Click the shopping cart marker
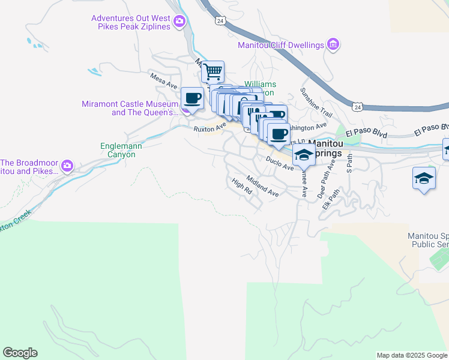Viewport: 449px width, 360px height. pos(212,72)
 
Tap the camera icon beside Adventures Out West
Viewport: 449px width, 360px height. pos(179,23)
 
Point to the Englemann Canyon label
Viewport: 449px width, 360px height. pos(118,150)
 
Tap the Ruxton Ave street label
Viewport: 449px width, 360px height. pos(209,127)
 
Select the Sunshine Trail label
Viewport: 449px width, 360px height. pos(316,102)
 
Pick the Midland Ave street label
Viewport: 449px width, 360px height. pos(262,189)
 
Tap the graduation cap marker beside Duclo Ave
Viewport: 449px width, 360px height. pos(304,155)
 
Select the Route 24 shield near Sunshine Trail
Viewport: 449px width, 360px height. pos(358,107)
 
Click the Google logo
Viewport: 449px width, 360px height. pos(20,353)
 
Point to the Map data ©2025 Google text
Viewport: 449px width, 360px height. pos(411,355)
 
